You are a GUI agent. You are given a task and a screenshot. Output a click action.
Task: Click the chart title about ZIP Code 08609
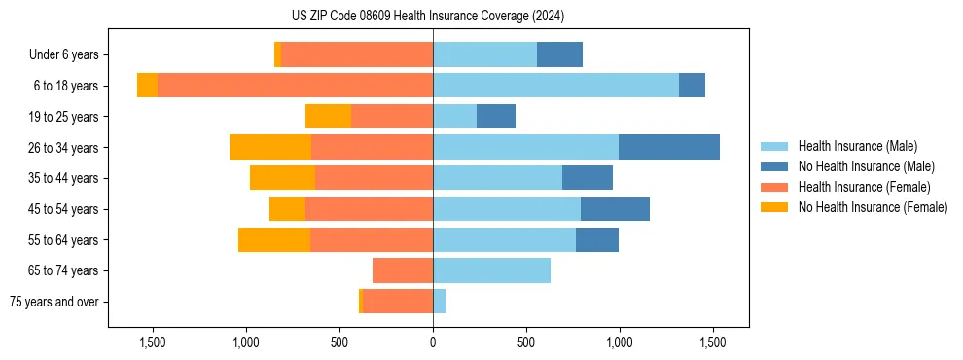coord(427,16)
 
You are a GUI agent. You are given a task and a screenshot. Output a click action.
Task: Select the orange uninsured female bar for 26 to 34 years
coord(270,147)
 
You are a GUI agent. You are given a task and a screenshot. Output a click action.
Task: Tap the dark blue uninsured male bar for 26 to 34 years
coord(669,147)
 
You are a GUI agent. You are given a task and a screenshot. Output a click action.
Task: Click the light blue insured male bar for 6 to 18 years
coord(555,86)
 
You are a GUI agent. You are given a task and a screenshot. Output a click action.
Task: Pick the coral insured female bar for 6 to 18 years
coord(295,86)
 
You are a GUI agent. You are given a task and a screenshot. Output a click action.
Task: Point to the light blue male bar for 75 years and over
coord(440,302)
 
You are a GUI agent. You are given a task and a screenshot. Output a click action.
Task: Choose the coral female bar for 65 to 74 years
coord(403,270)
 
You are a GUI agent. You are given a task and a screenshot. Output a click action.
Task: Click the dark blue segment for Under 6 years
coord(559,54)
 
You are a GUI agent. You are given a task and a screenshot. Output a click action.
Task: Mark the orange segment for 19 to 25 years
coord(328,117)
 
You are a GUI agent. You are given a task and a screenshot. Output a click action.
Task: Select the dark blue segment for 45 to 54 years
coord(615,209)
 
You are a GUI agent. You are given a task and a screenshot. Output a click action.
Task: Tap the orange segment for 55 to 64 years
coord(274,239)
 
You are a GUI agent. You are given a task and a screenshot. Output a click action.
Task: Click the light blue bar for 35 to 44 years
coord(497,178)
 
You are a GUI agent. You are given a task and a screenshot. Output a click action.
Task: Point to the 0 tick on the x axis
coord(433,342)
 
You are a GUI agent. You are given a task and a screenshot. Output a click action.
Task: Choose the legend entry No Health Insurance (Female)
coord(873,207)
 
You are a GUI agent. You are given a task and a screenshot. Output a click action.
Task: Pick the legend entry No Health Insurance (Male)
coord(866,166)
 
